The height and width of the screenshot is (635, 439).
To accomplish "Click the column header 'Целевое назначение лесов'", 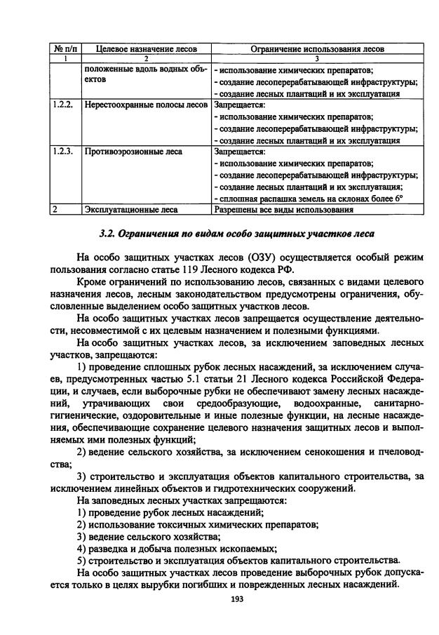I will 145,49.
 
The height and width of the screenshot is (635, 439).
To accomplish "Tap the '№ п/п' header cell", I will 66,49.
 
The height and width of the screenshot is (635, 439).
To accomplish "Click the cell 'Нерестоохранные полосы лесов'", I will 145,105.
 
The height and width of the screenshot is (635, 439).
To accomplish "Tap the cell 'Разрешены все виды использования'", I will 283,209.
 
